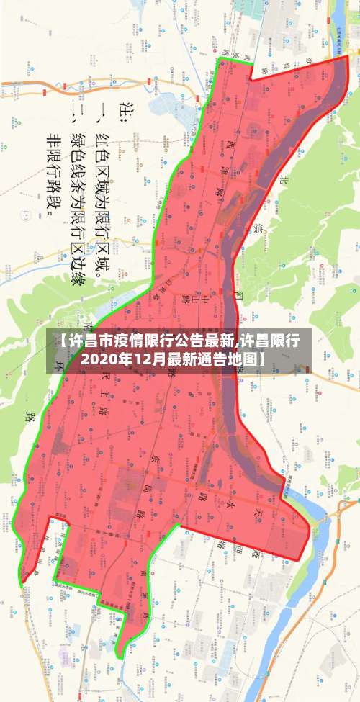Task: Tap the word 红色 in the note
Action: click(102, 141)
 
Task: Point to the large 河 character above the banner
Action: click(238, 297)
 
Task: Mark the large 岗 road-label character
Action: click(149, 478)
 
